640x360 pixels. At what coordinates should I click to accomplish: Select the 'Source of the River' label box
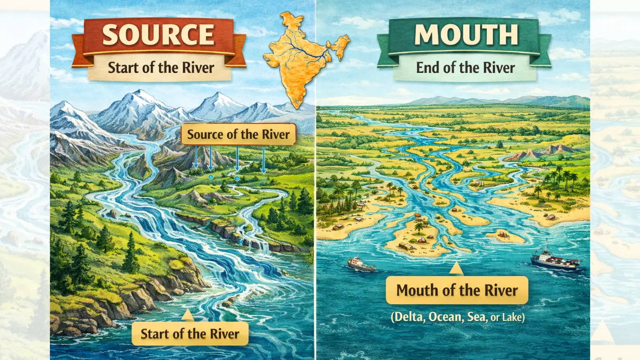coord(238,134)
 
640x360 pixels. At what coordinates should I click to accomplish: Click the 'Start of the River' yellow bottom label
coord(190,334)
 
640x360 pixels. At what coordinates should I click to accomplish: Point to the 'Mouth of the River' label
coord(457,290)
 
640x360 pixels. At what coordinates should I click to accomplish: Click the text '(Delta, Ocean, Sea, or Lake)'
coord(458,317)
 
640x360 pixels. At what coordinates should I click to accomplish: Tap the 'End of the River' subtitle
coord(465,68)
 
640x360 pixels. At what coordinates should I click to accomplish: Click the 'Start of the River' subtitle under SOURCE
coord(161,68)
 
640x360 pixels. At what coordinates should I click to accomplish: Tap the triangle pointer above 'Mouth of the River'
coord(456,269)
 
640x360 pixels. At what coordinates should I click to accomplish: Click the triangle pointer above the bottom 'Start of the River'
coord(187,315)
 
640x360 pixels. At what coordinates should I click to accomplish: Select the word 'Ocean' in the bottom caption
coord(445,317)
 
